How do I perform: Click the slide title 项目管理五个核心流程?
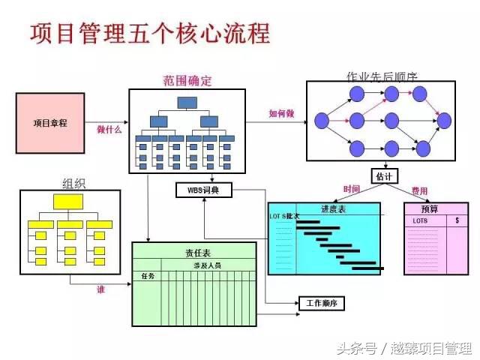coord(149,34)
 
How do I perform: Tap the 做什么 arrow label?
coord(109,128)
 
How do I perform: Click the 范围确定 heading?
coord(187,80)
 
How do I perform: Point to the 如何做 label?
coord(281,114)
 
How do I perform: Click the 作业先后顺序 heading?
coord(382,76)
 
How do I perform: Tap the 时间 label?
coord(352,189)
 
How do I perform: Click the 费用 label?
coord(419,191)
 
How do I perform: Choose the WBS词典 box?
coord(204,190)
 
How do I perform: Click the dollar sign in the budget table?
coord(457,221)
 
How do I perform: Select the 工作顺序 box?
coord(322,304)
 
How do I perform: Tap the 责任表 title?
coord(197,253)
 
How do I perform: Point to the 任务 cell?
coord(148,276)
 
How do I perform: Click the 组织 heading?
coord(73,182)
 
